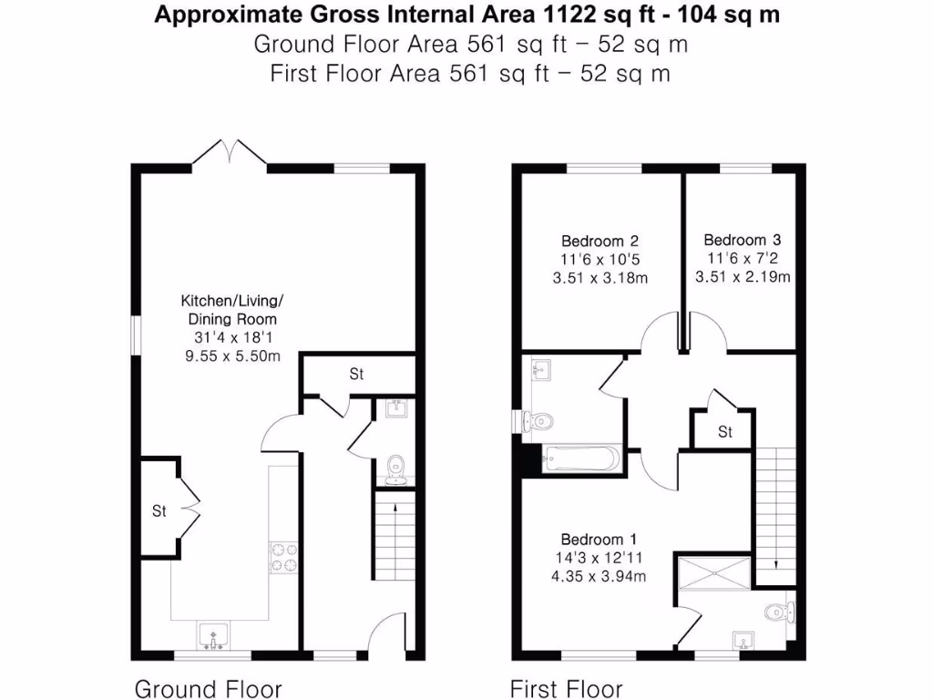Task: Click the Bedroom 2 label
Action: (600, 242)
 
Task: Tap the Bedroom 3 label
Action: (742, 240)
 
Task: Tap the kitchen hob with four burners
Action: (282, 557)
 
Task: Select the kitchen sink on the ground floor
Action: (213, 634)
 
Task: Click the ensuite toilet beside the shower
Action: (777, 610)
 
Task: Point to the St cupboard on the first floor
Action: (724, 431)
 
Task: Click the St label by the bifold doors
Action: (159, 511)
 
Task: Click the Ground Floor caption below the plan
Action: (209, 688)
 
